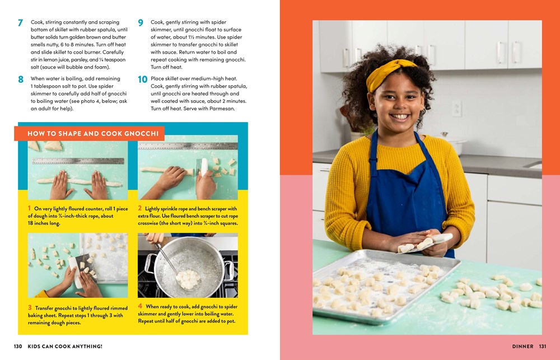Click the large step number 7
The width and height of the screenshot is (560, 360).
20,23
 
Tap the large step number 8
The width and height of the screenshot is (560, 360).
20,80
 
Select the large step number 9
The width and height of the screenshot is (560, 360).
141,23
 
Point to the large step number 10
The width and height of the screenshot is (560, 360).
142,80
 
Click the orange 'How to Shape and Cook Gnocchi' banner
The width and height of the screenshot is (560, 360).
89,134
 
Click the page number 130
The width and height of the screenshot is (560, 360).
18,347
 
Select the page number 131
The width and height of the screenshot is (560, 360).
542,347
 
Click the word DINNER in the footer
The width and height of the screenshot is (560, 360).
522,347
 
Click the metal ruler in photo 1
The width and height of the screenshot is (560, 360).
78,161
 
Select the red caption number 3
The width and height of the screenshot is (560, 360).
30,308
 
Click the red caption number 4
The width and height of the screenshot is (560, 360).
141,306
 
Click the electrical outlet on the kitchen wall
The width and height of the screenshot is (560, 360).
456,107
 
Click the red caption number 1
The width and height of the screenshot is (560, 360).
30,208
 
